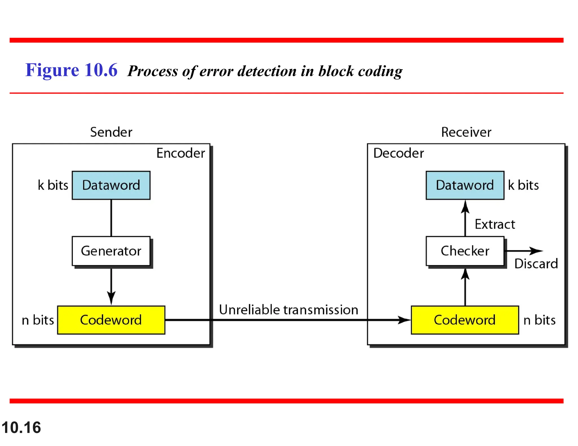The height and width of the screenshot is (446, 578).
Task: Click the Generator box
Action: click(x=111, y=251)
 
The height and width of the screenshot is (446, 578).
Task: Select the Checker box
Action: click(x=465, y=251)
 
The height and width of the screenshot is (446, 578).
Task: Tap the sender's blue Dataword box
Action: click(x=111, y=185)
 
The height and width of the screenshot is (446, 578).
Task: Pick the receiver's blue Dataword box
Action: click(x=465, y=185)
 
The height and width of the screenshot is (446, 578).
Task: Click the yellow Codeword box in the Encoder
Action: click(x=111, y=320)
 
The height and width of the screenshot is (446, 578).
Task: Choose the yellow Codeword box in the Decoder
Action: click(x=465, y=320)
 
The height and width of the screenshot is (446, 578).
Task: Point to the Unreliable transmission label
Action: click(x=288, y=310)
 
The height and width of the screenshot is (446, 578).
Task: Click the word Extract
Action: click(x=495, y=224)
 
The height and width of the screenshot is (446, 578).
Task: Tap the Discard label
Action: click(x=536, y=264)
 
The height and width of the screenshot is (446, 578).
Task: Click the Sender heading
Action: click(x=111, y=132)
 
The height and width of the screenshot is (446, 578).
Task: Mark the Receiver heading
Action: click(x=466, y=132)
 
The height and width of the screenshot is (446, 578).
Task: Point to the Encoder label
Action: click(x=181, y=153)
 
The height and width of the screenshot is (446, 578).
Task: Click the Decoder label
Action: click(x=398, y=153)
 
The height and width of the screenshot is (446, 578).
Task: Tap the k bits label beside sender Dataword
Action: click(x=53, y=185)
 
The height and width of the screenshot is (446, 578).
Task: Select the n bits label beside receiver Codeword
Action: click(x=539, y=320)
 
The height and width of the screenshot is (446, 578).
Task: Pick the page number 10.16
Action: click(x=21, y=427)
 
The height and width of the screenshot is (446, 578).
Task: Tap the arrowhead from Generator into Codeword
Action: click(x=111, y=298)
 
